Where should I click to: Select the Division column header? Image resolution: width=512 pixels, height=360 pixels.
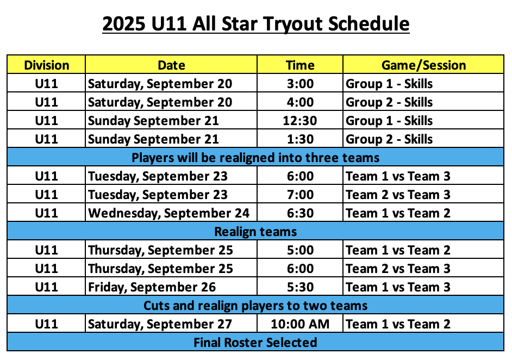click(x=46, y=65)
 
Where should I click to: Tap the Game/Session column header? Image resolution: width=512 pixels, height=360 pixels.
click(x=423, y=65)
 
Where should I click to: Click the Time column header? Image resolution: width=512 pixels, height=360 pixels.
click(x=300, y=65)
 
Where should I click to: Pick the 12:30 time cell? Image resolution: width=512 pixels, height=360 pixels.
click(x=300, y=121)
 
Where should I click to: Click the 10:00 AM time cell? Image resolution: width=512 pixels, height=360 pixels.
click(x=300, y=324)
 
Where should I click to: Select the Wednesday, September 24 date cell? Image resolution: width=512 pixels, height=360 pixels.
click(x=168, y=213)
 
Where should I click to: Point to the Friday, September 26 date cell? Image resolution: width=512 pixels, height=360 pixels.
click(x=152, y=288)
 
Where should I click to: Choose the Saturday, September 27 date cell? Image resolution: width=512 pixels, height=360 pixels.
click(x=160, y=325)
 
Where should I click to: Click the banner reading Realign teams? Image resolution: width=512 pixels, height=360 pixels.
click(x=255, y=232)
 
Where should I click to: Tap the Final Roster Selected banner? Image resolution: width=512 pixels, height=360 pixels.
click(x=255, y=343)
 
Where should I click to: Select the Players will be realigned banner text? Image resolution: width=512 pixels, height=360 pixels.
click(x=255, y=158)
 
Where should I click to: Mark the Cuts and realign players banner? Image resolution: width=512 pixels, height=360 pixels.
click(x=255, y=306)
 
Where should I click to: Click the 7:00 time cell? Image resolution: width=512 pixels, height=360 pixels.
click(x=300, y=195)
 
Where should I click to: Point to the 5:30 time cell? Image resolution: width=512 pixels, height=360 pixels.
click(x=300, y=287)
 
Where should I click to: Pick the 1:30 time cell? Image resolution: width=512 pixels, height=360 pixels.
click(x=300, y=139)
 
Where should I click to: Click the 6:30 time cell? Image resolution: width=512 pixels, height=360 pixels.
click(x=300, y=213)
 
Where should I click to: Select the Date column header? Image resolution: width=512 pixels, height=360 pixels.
click(x=171, y=65)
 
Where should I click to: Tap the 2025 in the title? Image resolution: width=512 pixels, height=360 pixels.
click(x=124, y=24)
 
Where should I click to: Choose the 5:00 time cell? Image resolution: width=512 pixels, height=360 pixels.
click(x=300, y=250)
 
